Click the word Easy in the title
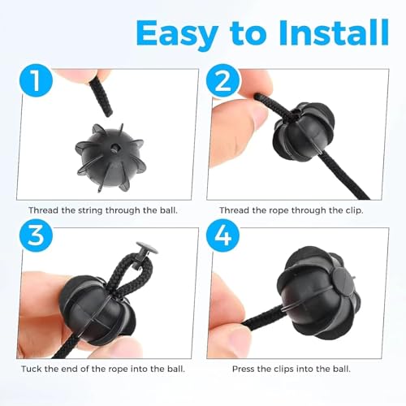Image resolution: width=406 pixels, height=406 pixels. coord(177,33)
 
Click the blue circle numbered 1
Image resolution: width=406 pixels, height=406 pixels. coord(36,80)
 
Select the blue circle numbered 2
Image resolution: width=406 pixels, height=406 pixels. coord(222,80)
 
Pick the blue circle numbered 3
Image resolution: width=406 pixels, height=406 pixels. coord(36,235)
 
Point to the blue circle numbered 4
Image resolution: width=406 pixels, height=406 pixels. coord(222,235)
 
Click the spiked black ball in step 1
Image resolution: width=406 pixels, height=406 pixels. coord(110,158)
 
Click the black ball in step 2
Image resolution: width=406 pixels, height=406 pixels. coord(304,131)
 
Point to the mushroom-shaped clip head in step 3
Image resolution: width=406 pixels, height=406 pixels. coord(146,248)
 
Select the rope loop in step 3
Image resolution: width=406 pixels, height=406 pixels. coord(131,274)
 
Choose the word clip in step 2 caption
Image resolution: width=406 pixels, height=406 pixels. coord(353,210)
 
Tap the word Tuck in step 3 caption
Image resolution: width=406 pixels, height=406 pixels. coord(32,369)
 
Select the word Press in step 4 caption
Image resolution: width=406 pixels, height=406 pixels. coord(244,369)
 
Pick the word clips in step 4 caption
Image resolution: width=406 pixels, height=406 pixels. coord(284,369)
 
